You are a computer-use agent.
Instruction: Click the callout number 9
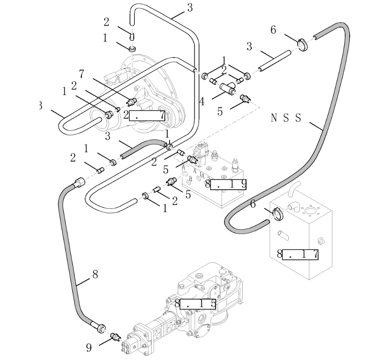click(x=89, y=347)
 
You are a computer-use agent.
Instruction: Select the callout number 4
click(x=202, y=102)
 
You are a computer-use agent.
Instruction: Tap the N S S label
click(x=286, y=118)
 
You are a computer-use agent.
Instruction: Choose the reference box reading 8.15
click(x=196, y=304)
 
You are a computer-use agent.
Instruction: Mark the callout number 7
click(x=82, y=74)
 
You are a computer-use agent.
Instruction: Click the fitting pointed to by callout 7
click(x=132, y=102)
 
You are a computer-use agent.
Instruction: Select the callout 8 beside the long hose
click(x=95, y=273)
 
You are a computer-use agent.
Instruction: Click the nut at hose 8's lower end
click(x=100, y=327)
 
